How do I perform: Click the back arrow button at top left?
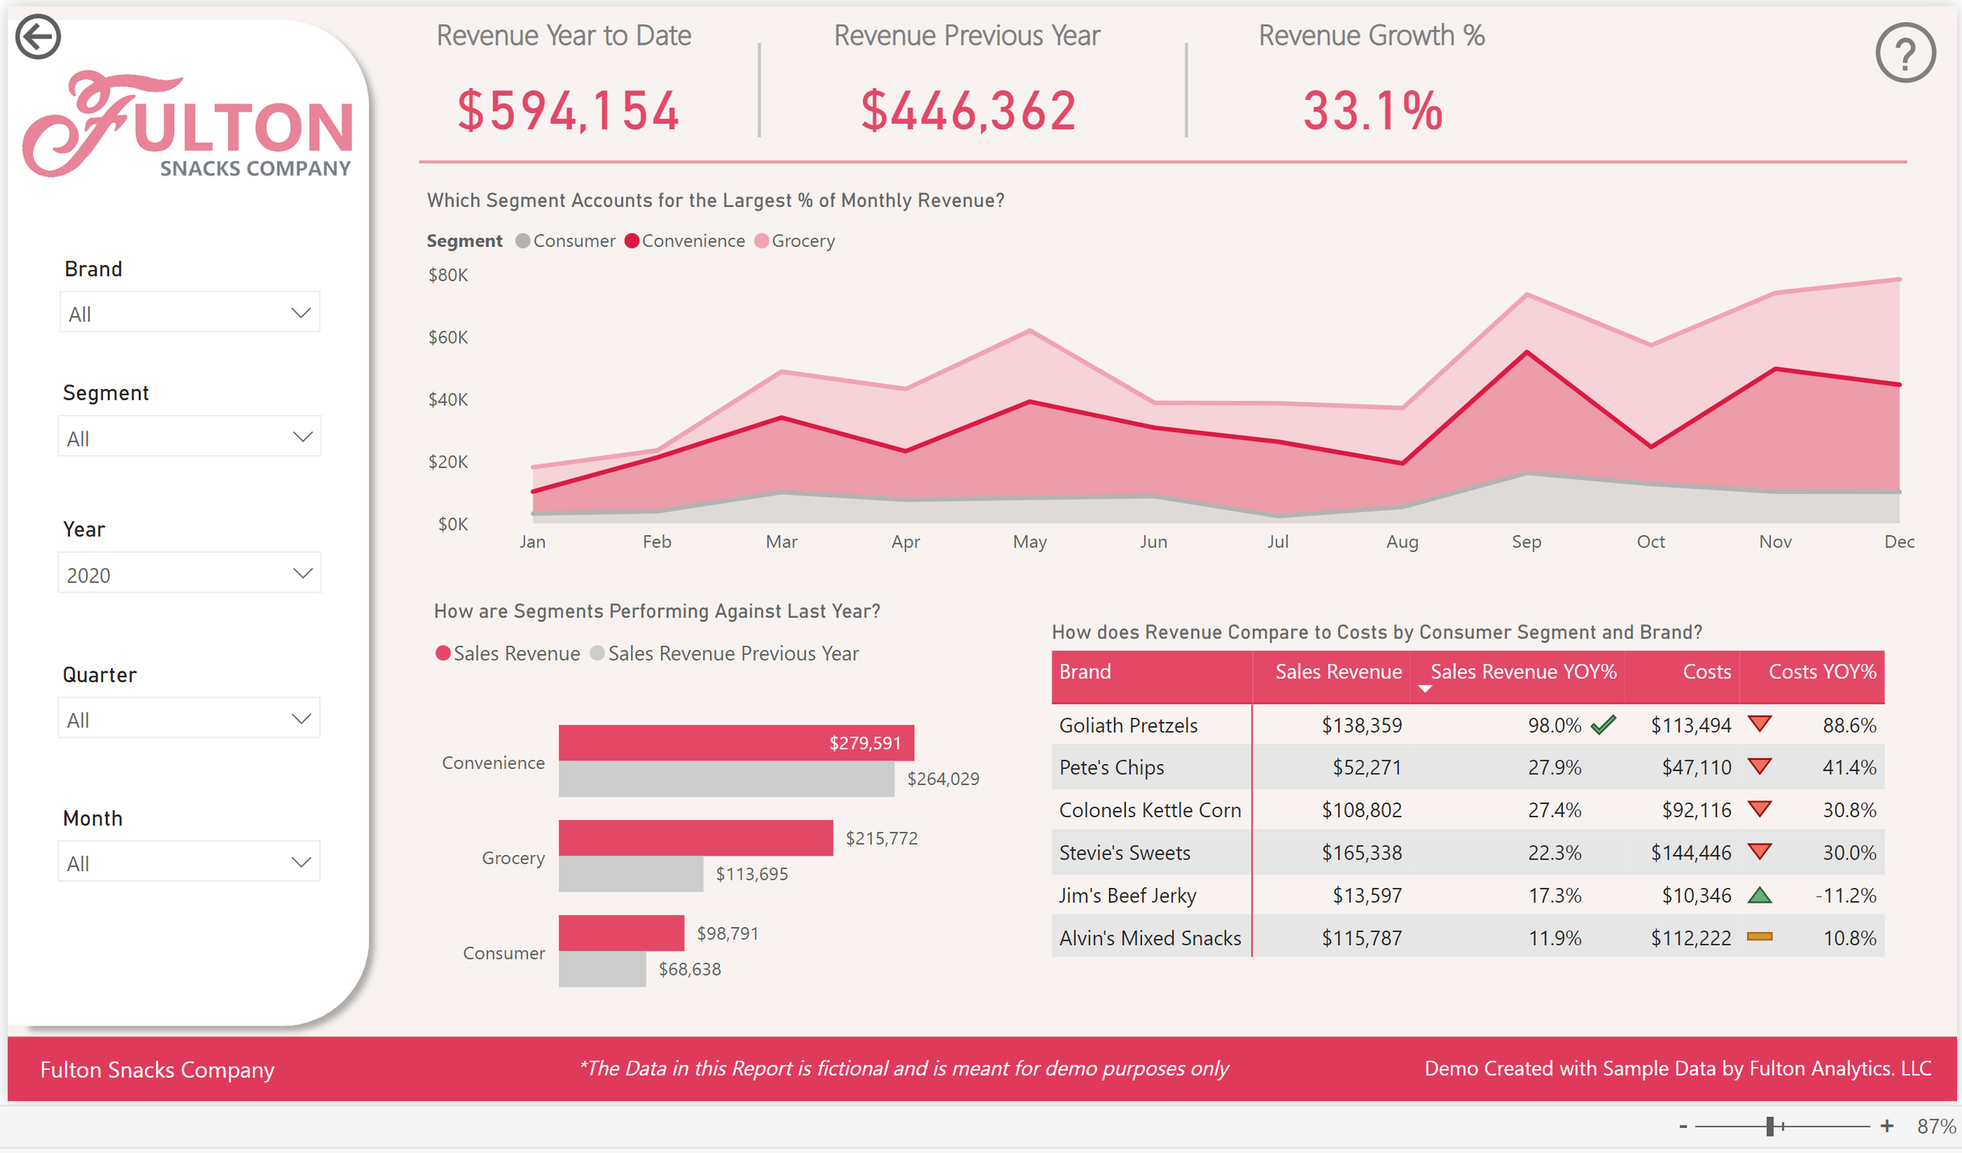[38, 37]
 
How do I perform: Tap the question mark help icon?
[1905, 53]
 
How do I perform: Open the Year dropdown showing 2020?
[189, 574]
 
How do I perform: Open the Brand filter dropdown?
[189, 313]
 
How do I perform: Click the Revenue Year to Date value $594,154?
[568, 111]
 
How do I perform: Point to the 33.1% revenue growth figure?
[1373, 111]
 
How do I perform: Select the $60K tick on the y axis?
[447, 337]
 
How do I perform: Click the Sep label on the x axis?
[1526, 541]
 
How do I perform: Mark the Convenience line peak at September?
[1526, 352]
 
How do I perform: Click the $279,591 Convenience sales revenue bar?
[735, 742]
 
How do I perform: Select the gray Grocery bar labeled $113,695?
[630, 873]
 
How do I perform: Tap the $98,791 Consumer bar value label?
[728, 933]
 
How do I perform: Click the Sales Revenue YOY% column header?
[1522, 672]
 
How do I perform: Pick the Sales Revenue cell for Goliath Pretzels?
[1361, 725]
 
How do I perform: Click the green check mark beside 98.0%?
[1603, 725]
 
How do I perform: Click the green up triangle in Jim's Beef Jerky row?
[1760, 895]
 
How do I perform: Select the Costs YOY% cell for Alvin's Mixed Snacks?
[1848, 938]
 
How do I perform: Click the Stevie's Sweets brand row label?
[1124, 853]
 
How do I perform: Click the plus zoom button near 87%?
[1886, 1126]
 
